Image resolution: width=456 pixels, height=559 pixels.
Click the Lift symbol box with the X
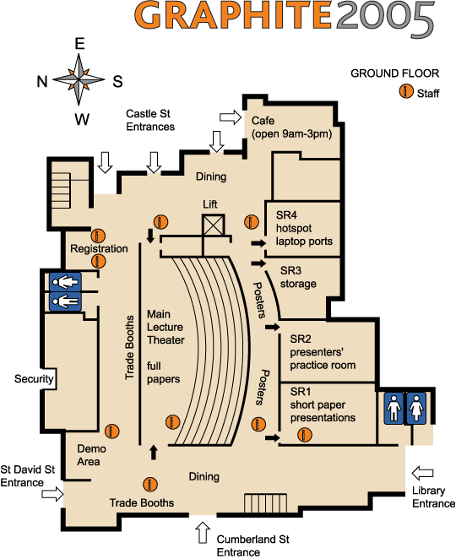(214, 225)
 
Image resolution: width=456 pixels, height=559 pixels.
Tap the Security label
(34, 378)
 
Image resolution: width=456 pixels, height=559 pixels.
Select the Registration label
(99, 248)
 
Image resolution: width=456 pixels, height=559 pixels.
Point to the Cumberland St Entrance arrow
(203, 533)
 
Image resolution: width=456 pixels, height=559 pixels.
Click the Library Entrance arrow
(423, 473)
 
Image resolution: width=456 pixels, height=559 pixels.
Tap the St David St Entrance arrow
(52, 494)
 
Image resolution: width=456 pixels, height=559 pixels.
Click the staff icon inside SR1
(305, 435)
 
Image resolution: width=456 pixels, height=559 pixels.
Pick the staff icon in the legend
(406, 91)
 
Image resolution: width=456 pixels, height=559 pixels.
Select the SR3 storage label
(298, 277)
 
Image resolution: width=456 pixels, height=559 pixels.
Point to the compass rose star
(79, 79)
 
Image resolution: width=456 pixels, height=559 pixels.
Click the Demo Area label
(91, 455)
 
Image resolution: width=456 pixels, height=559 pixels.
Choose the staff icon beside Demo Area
(112, 431)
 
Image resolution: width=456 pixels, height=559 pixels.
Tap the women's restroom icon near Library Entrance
(416, 408)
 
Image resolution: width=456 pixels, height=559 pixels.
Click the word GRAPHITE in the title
(234, 14)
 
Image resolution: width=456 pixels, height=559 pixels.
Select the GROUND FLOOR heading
(394, 73)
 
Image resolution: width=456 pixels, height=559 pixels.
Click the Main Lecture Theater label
(166, 328)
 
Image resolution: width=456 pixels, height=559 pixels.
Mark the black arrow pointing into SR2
(273, 327)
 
